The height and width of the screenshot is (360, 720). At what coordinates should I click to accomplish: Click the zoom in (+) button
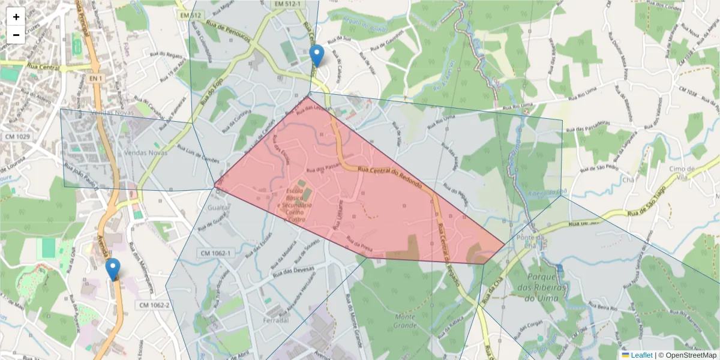click(x=16, y=17)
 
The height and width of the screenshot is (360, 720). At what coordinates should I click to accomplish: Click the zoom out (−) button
click(x=16, y=35)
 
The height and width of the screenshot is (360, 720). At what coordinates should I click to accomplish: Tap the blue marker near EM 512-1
click(x=317, y=55)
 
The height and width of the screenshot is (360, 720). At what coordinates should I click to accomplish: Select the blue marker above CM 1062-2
click(x=112, y=269)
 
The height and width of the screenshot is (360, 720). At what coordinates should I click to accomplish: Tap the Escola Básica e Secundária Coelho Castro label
click(x=295, y=205)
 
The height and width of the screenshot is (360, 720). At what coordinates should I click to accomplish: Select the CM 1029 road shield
click(x=17, y=137)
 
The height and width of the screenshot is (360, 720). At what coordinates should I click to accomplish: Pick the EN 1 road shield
click(x=95, y=79)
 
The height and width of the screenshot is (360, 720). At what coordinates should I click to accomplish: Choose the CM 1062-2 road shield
click(x=154, y=305)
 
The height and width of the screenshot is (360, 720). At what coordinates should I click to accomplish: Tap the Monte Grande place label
click(x=406, y=321)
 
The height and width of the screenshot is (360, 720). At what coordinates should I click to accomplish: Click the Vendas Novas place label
click(x=146, y=153)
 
